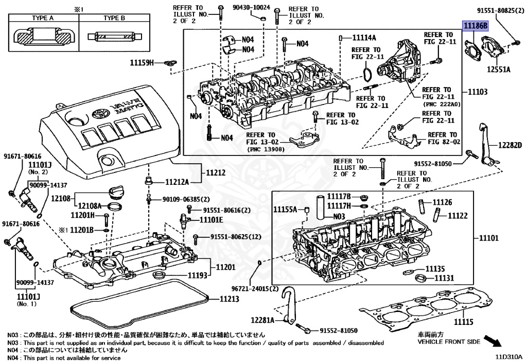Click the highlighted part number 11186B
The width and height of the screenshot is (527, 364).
tap(475, 26)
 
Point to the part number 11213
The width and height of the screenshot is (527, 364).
tap(230, 299)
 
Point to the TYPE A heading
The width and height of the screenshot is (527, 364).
tap(43, 18)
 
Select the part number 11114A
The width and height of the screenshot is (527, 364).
tap(364, 38)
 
